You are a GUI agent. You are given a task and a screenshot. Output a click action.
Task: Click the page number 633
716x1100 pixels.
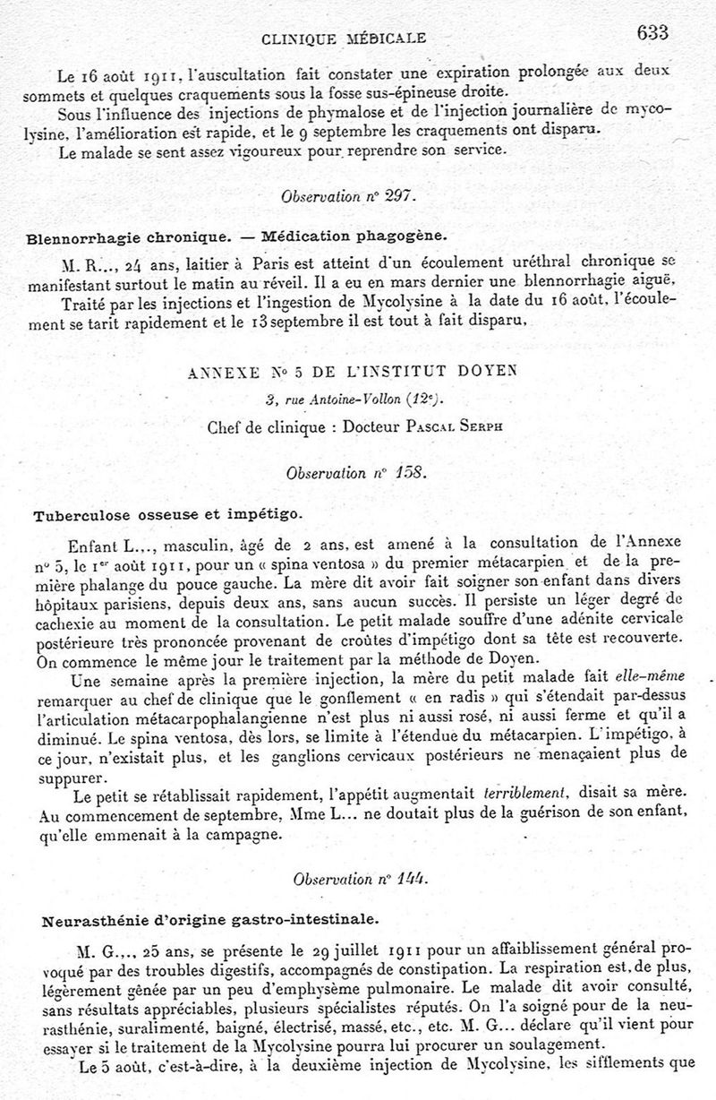click(653, 33)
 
